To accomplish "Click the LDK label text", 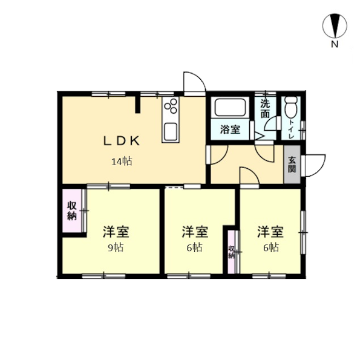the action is (122, 141).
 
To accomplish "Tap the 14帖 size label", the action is (122, 162).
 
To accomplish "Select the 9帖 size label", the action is (116, 247).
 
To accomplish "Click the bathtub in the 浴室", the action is (230, 108).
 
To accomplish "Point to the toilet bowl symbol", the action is (291, 108).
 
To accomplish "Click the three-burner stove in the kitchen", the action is (171, 106).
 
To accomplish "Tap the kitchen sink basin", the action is (171, 131).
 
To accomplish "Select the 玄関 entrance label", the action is (292, 165).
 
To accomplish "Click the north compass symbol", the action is (335, 25).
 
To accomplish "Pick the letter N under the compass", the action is (335, 44).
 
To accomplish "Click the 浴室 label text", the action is (230, 129).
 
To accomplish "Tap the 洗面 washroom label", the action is (266, 109).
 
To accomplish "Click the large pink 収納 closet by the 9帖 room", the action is (72, 211).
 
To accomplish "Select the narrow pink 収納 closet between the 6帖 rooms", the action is (231, 252).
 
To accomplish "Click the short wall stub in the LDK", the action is (138, 105).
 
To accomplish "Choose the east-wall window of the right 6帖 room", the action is (303, 232).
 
